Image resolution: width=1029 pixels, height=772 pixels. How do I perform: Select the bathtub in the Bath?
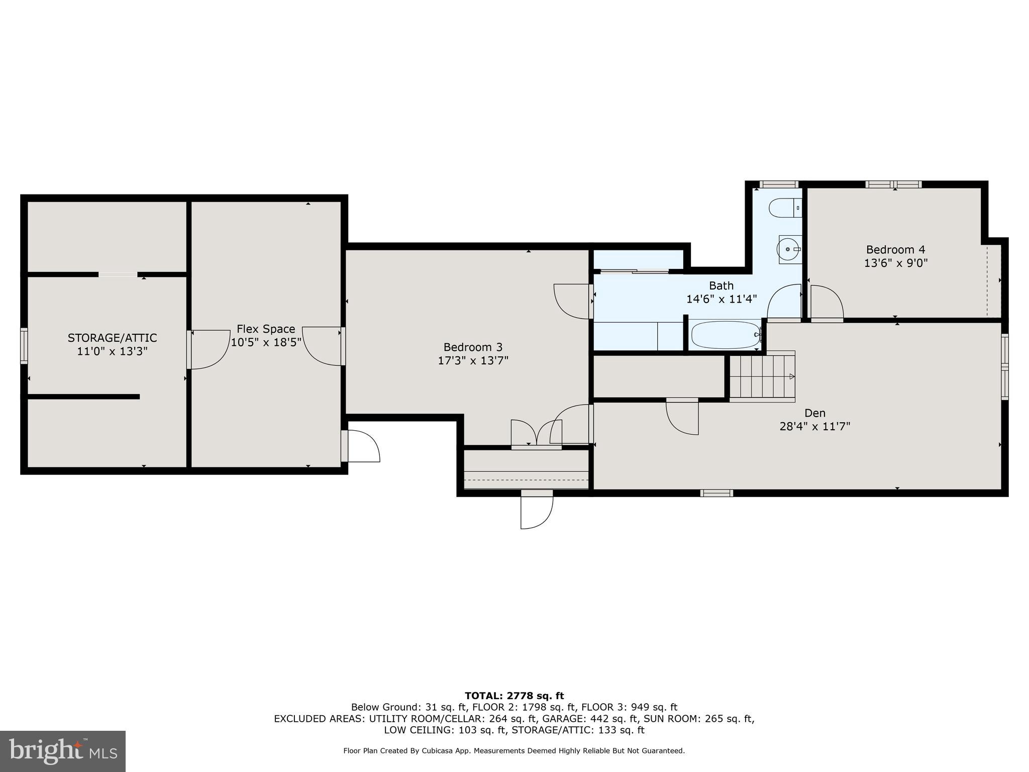(726, 335)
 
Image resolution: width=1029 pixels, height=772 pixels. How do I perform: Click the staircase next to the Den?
(762, 376)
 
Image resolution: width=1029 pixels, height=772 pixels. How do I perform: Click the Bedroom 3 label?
(473, 347)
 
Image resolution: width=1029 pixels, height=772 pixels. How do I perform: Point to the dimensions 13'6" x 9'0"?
(895, 263)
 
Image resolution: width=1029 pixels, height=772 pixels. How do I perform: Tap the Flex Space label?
(266, 329)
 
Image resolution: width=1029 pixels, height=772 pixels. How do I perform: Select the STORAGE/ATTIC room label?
(112, 338)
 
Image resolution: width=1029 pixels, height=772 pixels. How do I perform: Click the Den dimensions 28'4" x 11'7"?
(814, 426)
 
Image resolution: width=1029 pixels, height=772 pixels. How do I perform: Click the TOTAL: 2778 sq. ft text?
(514, 696)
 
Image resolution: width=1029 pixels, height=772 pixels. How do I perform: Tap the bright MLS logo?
(63, 751)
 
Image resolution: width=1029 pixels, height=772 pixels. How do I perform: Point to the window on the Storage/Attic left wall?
(24, 346)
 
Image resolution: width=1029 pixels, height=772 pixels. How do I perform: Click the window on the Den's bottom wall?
(716, 493)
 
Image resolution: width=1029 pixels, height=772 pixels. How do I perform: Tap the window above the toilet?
(778, 184)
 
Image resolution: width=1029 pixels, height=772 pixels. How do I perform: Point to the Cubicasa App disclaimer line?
(514, 751)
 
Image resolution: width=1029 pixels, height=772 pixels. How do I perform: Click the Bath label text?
(721, 285)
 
